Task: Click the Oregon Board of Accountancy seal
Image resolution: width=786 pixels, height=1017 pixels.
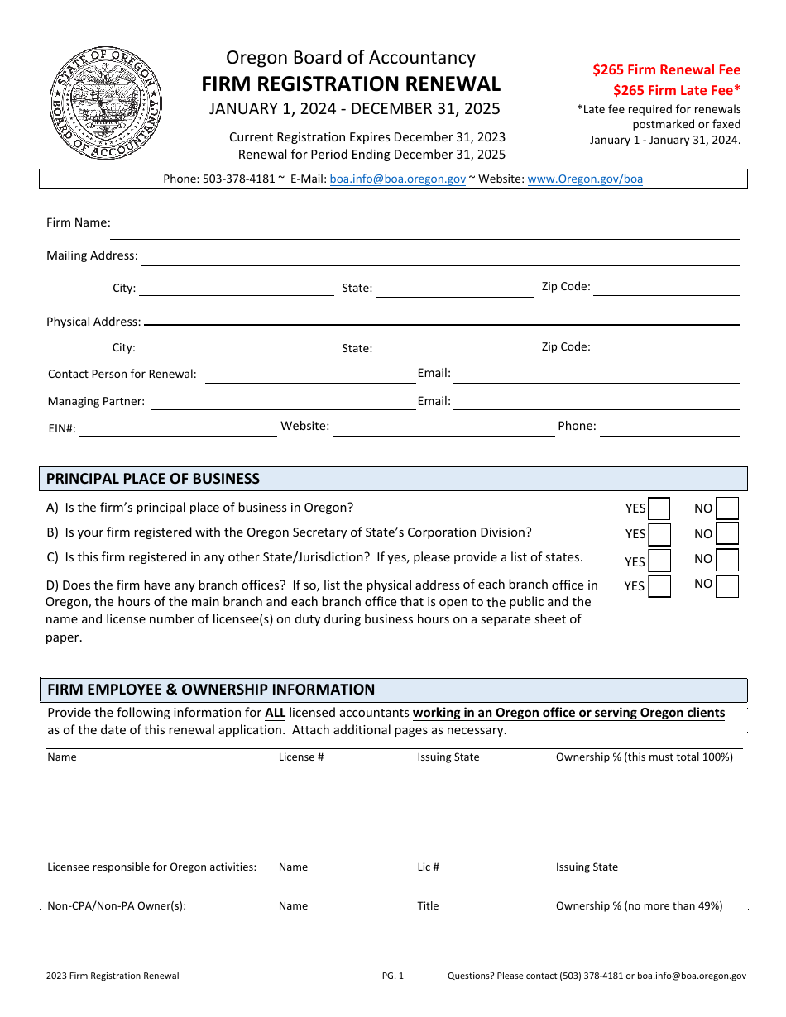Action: [105, 103]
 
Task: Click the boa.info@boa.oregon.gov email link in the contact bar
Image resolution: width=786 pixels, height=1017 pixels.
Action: [397, 179]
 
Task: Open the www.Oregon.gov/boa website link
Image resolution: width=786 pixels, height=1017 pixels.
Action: [584, 179]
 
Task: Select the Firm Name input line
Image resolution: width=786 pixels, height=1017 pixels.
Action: [426, 230]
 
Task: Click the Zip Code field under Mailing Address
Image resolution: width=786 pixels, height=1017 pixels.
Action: [666, 287]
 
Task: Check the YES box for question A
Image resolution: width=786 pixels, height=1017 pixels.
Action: [659, 508]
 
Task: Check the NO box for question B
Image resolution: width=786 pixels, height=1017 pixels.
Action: [727, 534]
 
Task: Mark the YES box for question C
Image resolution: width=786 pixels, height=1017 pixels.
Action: [659, 561]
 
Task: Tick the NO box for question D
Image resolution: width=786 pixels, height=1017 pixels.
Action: [727, 586]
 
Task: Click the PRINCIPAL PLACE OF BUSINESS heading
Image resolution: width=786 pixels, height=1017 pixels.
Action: [153, 479]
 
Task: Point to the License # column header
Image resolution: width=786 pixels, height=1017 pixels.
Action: [300, 757]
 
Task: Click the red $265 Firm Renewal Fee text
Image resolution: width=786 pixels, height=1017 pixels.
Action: [666, 70]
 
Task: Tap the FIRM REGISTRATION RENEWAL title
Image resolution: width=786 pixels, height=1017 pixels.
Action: [351, 84]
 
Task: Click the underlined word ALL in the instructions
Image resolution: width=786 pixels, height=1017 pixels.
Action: [275, 713]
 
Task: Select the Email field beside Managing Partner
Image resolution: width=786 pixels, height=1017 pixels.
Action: [596, 401]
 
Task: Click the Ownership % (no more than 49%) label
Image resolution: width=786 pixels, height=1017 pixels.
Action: [639, 905]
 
